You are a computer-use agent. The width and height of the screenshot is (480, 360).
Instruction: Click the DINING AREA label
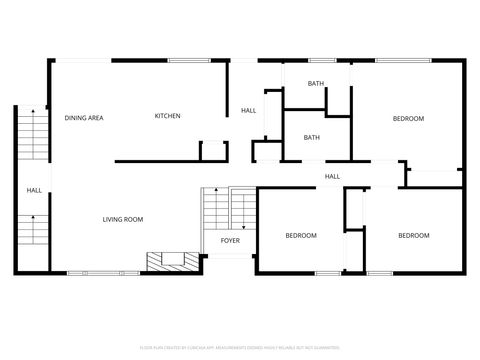tap(84, 118)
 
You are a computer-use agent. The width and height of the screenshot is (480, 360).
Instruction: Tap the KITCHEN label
tap(167, 117)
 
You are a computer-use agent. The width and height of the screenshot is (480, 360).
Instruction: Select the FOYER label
tap(230, 241)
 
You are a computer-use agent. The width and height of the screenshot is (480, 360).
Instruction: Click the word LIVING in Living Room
tap(115, 219)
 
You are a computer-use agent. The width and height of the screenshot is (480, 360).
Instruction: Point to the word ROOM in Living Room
tap(135, 219)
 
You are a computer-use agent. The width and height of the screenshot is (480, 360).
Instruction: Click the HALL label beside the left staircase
tap(34, 190)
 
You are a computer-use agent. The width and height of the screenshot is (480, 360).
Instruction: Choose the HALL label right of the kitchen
tap(248, 111)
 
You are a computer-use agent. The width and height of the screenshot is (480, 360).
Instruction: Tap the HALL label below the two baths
tap(332, 177)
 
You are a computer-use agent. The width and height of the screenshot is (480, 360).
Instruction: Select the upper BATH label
tap(316, 84)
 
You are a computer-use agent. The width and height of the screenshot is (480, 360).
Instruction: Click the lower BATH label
tap(312, 138)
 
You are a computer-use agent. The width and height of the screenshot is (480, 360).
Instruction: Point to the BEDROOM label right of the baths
tap(408, 119)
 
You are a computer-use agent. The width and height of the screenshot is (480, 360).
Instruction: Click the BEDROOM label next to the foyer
tap(301, 236)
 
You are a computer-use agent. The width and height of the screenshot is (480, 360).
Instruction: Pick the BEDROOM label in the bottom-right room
tap(413, 236)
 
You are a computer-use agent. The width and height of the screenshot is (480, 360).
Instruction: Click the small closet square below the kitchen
tap(213, 151)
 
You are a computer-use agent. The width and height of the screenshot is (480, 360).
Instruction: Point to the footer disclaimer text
tap(240, 348)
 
